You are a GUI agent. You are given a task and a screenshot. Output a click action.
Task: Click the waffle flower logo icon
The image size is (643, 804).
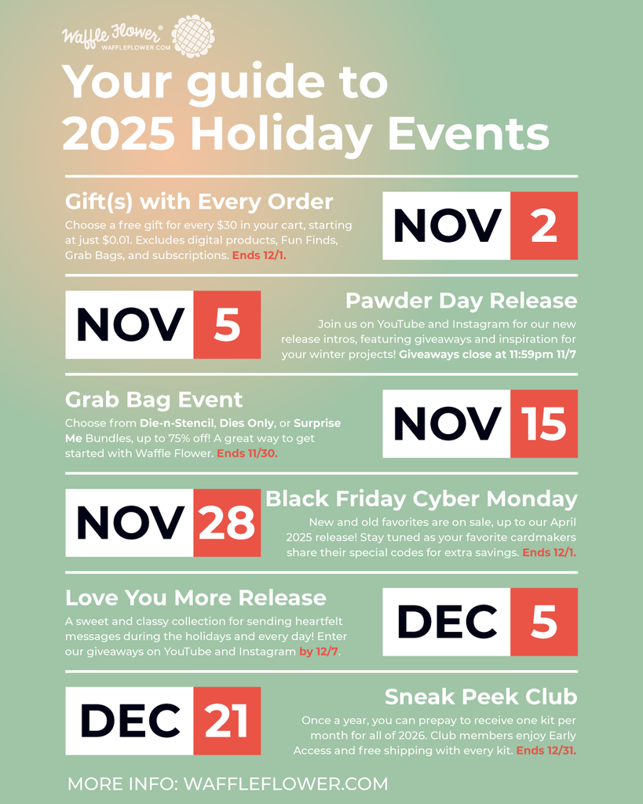coord(193,36)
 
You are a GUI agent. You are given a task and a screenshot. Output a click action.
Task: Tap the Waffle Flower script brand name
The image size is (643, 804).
coord(111,36)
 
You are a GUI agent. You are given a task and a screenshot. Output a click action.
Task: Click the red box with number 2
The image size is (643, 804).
coord(544,225)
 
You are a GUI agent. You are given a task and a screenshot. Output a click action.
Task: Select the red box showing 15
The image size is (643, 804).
coord(544,423)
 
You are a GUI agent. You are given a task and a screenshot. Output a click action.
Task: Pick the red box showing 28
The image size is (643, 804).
coord(227,522)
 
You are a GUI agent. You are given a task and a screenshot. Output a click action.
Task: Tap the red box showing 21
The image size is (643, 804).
coord(227,721)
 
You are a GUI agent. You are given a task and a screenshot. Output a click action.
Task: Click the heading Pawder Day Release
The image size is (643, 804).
coord(462,301)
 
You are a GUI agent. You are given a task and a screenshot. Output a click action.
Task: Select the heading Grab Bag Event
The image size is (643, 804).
coord(154,400)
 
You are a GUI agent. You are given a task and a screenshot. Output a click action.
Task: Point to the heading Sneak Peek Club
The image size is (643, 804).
coord(481,697)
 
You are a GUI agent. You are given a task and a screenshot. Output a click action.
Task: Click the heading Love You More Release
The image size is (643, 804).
coord(195,598)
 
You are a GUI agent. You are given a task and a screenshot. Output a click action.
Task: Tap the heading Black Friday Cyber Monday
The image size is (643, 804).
coord(422,499)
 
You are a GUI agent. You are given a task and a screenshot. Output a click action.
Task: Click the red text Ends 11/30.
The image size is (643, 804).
coord(247,453)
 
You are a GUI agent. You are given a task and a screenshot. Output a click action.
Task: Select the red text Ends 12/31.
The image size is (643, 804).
coord(546,751)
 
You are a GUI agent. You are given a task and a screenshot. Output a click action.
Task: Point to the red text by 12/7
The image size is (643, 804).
coord(320,652)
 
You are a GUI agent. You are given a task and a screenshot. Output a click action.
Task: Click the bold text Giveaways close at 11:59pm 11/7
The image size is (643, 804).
coord(488,354)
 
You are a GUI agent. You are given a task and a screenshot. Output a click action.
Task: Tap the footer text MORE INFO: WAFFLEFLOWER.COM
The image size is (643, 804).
coord(228,784)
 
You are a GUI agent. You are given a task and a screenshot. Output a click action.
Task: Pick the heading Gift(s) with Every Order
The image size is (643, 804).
coord(199,202)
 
